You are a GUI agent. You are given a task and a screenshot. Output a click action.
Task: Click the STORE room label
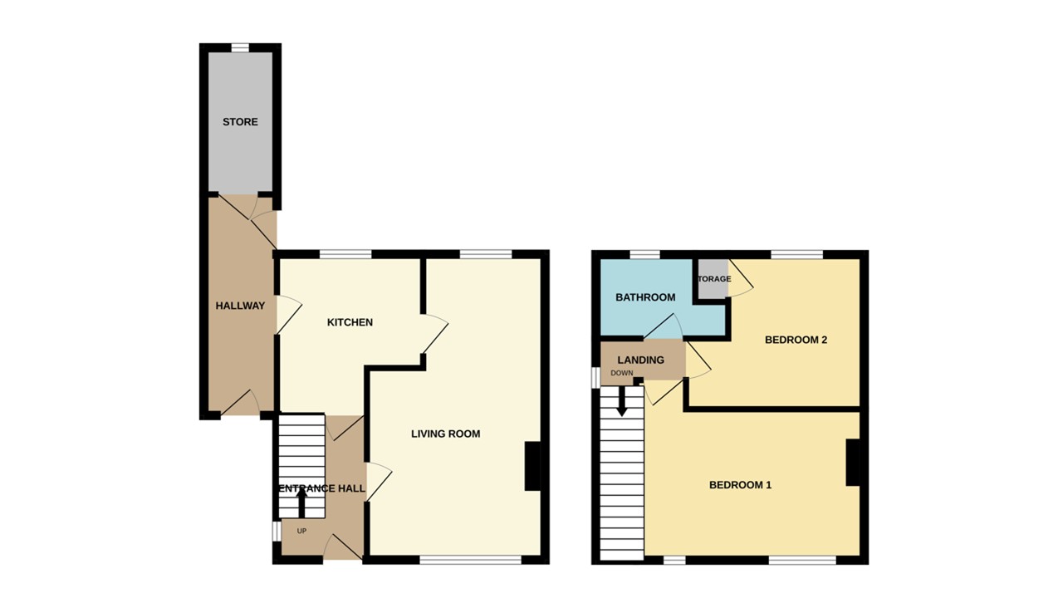pos(240,122)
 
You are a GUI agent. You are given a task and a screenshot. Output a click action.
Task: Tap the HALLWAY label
pos(240,306)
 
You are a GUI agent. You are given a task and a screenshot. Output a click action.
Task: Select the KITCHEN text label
pos(350,322)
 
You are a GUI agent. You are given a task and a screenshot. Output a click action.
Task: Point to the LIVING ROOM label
pos(446,434)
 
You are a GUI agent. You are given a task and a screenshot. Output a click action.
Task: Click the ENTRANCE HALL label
pos(321,488)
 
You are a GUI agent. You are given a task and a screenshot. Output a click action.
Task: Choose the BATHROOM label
pos(645,297)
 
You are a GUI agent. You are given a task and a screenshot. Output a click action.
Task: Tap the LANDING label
pos(641,360)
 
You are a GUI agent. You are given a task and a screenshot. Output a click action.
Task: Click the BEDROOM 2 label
pos(796,340)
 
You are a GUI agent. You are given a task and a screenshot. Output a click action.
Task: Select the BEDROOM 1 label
pos(740,484)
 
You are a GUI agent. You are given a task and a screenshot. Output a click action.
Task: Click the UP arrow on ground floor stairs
pos(301,502)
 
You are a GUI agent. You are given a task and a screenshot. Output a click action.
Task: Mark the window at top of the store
pos(240,47)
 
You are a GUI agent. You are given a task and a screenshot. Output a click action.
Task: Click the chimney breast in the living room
pos(532,466)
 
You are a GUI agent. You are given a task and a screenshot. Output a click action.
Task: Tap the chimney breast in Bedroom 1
pos(852,462)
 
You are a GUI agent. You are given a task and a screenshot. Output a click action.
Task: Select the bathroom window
pos(644,254)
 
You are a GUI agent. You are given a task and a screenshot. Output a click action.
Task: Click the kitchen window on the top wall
pos(345,254)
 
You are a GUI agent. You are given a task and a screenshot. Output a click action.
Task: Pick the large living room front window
pos(470,561)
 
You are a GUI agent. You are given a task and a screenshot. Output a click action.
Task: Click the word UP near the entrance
pos(301,531)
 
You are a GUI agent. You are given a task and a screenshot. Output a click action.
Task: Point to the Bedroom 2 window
pos(796,254)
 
